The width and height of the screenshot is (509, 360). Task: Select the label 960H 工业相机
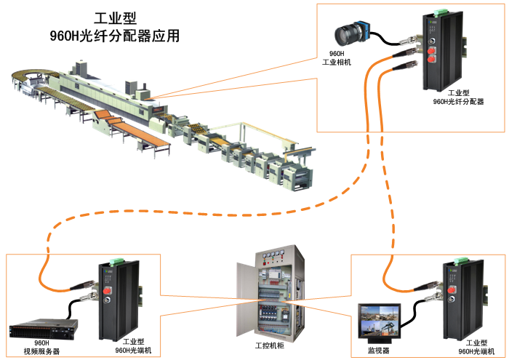[337, 58]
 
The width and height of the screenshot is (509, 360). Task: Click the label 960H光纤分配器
[458, 102]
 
